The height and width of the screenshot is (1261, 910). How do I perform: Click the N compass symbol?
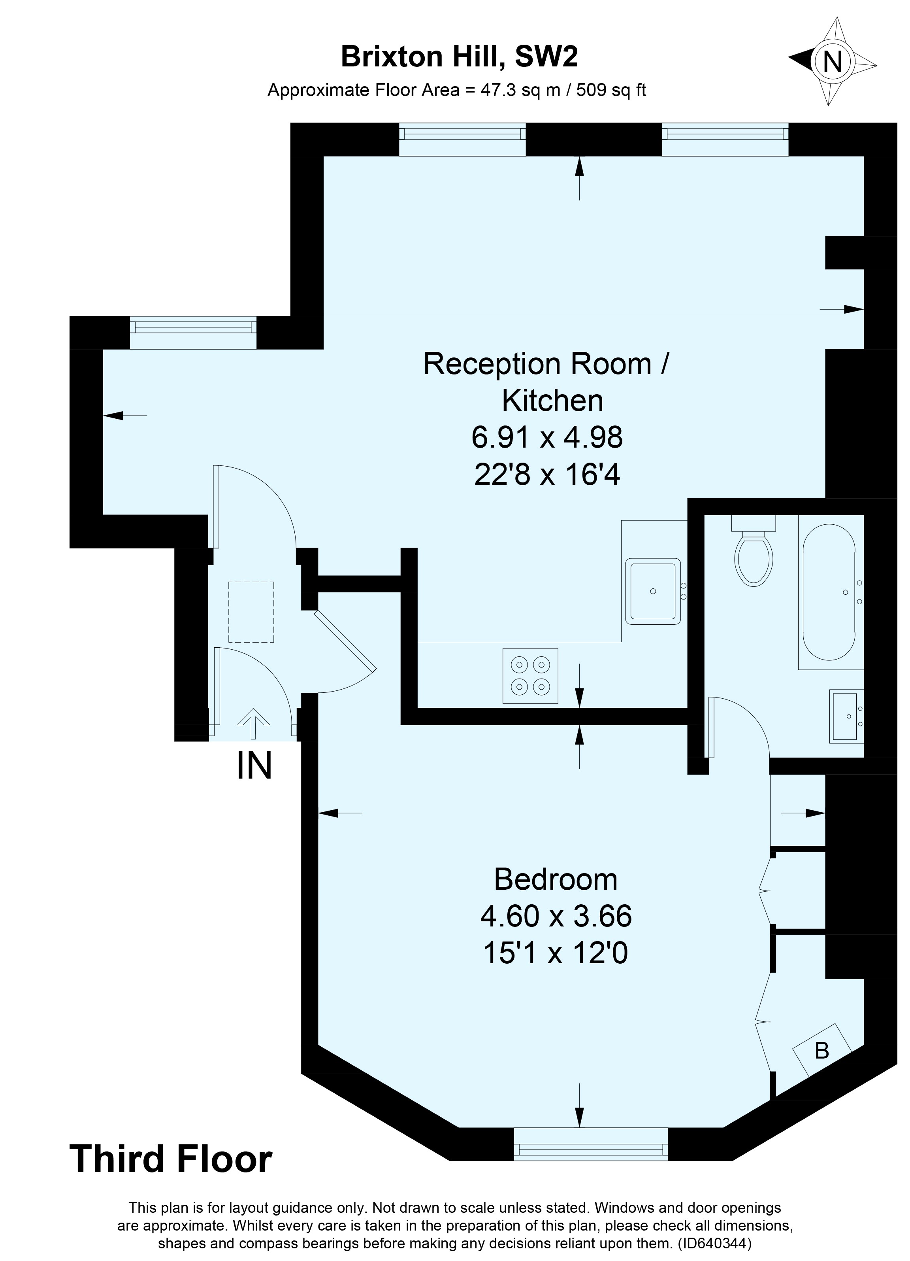coord(832,61)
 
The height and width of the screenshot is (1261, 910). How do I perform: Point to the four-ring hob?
coord(530,675)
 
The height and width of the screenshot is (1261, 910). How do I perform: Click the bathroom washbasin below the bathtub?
coord(846,717)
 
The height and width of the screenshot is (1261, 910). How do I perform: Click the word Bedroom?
coord(556,879)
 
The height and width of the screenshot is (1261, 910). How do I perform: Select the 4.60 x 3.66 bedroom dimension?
coord(556,916)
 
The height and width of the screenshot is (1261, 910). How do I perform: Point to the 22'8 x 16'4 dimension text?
coord(547,475)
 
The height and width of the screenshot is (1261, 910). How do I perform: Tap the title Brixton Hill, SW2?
coord(460,56)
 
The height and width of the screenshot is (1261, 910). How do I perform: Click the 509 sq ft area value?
coord(612,90)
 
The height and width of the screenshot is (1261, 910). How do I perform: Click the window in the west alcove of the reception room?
coord(193,333)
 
